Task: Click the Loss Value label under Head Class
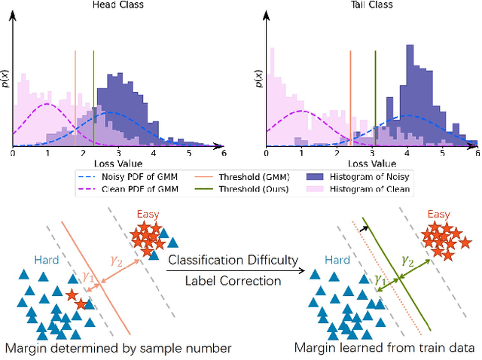(x=119, y=163)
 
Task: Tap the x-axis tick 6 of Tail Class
(x=477, y=153)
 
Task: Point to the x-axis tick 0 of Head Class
(x=13, y=153)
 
